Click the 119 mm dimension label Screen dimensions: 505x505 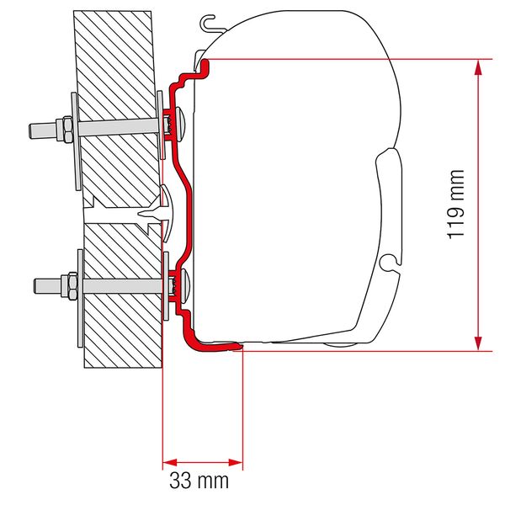(456, 205)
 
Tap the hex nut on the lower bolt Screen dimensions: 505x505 (64, 282)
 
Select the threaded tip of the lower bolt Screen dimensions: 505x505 (38, 282)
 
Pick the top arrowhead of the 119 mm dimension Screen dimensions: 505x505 (478, 67)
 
